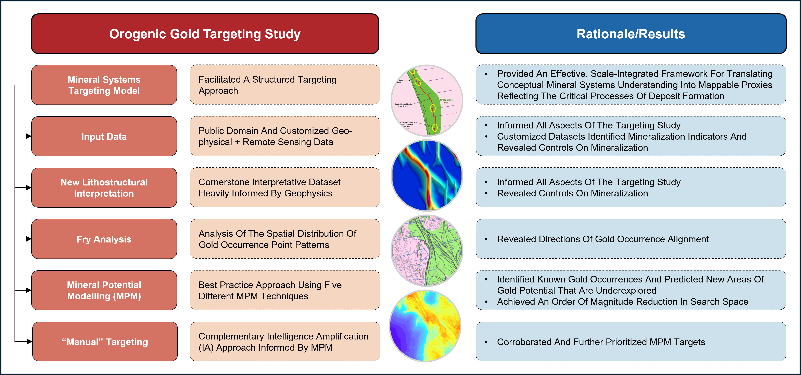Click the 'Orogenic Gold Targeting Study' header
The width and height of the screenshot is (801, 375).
click(205, 34)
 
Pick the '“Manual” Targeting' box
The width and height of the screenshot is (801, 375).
click(105, 342)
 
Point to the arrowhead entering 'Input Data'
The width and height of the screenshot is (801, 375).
click(29, 136)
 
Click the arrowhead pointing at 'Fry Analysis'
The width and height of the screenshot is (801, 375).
click(29, 239)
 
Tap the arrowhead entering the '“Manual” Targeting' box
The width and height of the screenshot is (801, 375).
click(29, 342)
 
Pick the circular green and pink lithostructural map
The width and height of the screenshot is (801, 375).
click(427, 251)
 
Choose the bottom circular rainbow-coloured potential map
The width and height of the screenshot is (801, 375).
click(425, 326)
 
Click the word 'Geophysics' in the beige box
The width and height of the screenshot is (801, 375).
click(308, 193)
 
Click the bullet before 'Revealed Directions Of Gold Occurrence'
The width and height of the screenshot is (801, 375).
click(486, 239)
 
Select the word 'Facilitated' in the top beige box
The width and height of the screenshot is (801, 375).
click(219, 80)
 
